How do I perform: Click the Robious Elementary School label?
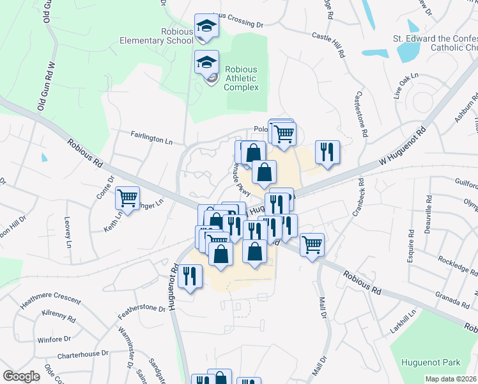157,36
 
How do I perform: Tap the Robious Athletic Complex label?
241,79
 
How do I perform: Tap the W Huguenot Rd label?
403,147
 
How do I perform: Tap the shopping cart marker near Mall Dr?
312,244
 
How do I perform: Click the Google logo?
20,376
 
